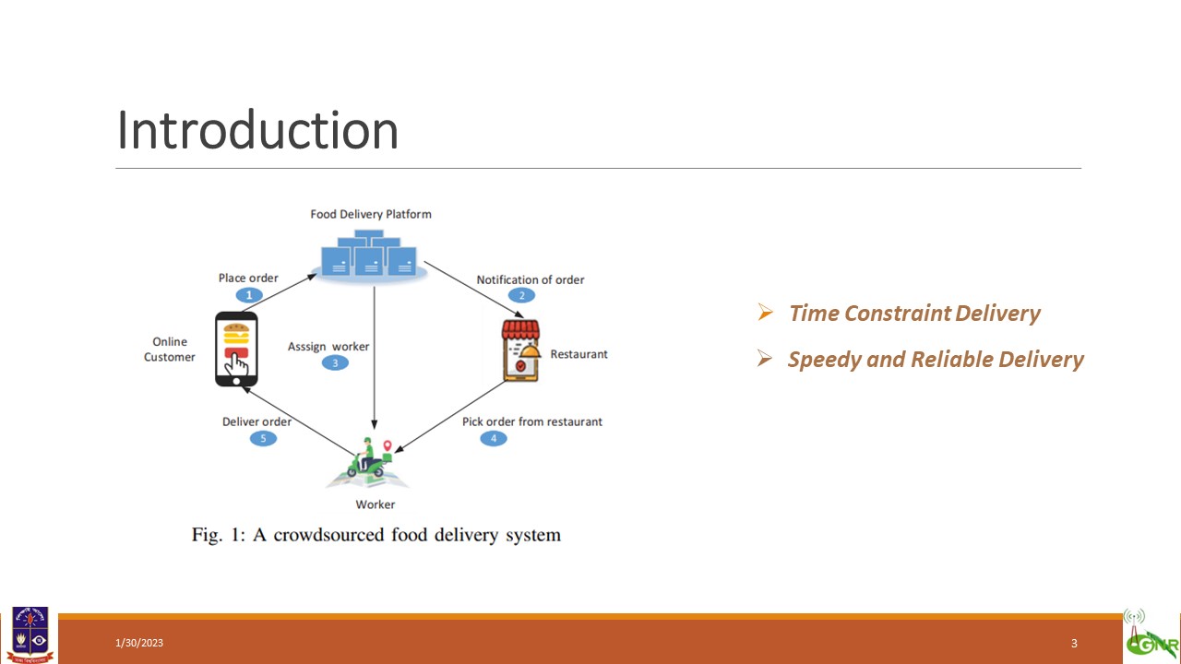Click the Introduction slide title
click(257, 130)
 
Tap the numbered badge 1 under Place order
click(249, 295)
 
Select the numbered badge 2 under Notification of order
click(521, 295)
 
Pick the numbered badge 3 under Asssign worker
click(335, 362)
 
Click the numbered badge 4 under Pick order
click(494, 438)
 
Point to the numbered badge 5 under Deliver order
click(263, 438)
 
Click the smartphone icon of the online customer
click(236, 349)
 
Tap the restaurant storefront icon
click(521, 350)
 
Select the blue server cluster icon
click(370, 256)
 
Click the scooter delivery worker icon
click(368, 462)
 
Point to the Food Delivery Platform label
click(371, 214)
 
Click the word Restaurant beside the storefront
click(579, 354)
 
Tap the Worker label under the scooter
click(376, 504)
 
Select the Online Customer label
click(169, 350)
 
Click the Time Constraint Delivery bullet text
click(914, 313)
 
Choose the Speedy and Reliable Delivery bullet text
click(936, 360)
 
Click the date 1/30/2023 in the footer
click(139, 643)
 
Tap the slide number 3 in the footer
click(1074, 643)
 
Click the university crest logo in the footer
click(30, 634)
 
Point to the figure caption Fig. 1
click(376, 535)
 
